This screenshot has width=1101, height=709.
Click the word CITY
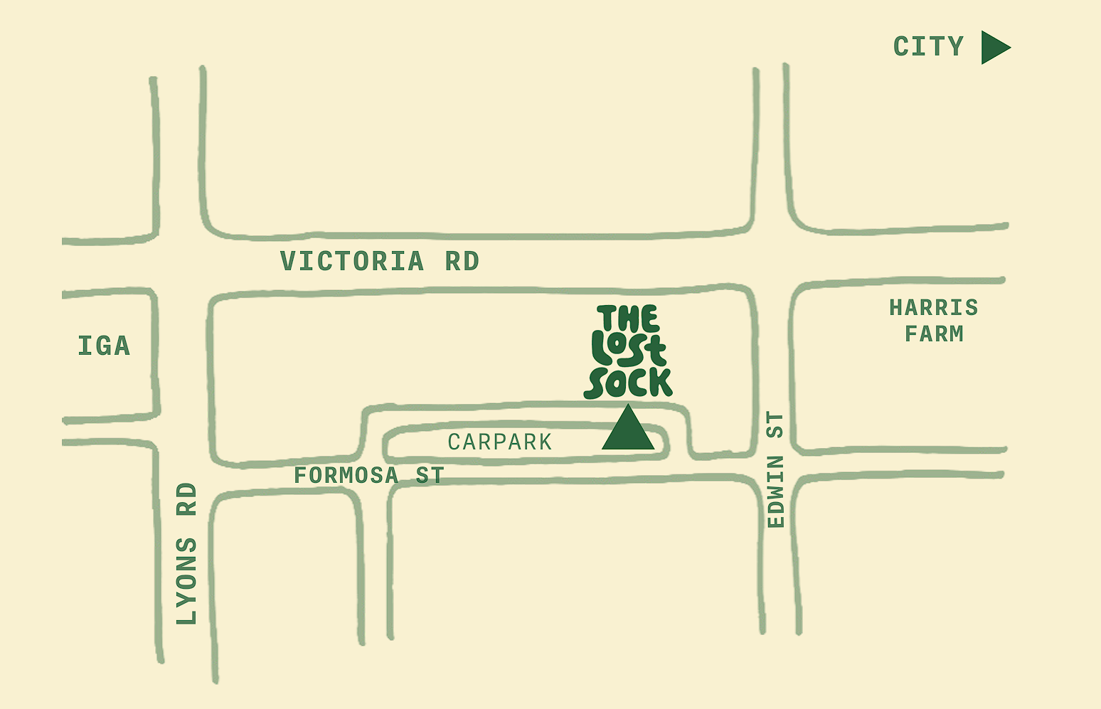click(928, 47)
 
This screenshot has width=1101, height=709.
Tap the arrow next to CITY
click(994, 47)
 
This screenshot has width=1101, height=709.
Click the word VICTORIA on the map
click(352, 262)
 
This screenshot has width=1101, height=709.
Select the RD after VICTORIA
click(462, 262)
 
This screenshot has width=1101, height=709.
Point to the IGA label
click(104, 346)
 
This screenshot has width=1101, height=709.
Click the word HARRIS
click(933, 308)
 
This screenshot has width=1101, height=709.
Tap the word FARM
click(933, 334)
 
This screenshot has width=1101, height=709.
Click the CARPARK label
click(500, 442)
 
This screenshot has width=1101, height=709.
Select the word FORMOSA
click(346, 475)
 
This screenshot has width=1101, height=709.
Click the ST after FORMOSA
click(430, 475)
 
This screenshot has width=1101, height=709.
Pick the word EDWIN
click(776, 492)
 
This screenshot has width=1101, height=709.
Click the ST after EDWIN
click(776, 425)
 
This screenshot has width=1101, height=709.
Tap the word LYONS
click(186, 581)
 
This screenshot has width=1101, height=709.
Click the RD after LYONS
click(186, 499)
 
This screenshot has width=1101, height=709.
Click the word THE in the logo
click(628, 319)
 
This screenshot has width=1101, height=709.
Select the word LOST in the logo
click(628, 351)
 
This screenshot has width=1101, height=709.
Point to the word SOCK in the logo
click(628, 383)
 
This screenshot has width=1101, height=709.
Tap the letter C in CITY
click(902, 47)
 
